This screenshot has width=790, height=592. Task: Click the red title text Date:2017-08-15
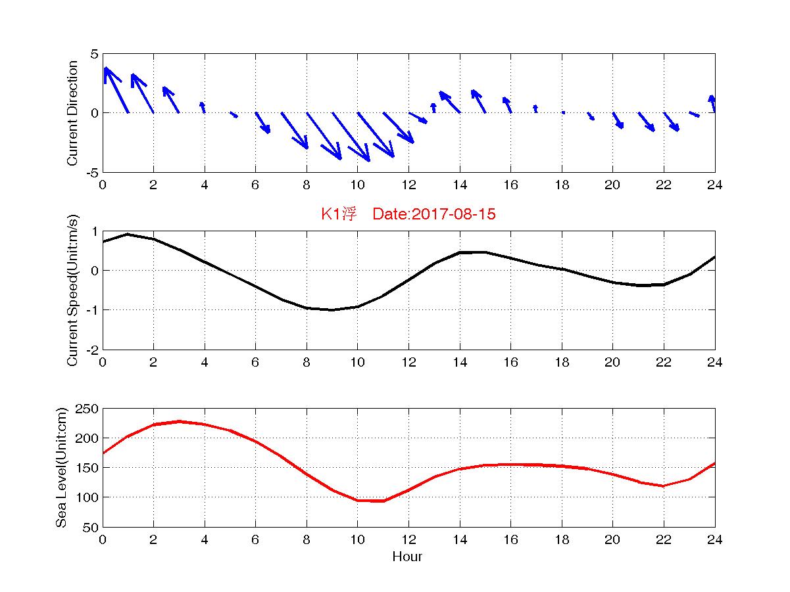click(x=433, y=214)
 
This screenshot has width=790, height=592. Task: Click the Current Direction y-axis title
click(x=73, y=113)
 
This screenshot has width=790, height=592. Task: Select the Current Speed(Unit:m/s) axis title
click(x=73, y=290)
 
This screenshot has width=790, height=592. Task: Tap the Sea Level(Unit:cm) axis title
click(x=61, y=467)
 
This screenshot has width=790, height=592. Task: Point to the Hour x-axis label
click(x=407, y=557)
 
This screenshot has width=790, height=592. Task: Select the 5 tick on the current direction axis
click(x=95, y=54)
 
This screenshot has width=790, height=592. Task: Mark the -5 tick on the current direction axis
click(x=92, y=172)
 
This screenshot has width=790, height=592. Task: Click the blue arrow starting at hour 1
click(x=142, y=93)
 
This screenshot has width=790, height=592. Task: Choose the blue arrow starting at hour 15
click(x=479, y=101)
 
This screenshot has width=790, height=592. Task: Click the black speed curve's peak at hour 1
click(x=128, y=234)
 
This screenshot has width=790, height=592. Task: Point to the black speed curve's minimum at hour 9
click(x=332, y=309)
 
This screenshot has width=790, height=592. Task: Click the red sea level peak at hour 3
click(x=179, y=421)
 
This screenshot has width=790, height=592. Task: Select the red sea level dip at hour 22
click(x=664, y=486)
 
